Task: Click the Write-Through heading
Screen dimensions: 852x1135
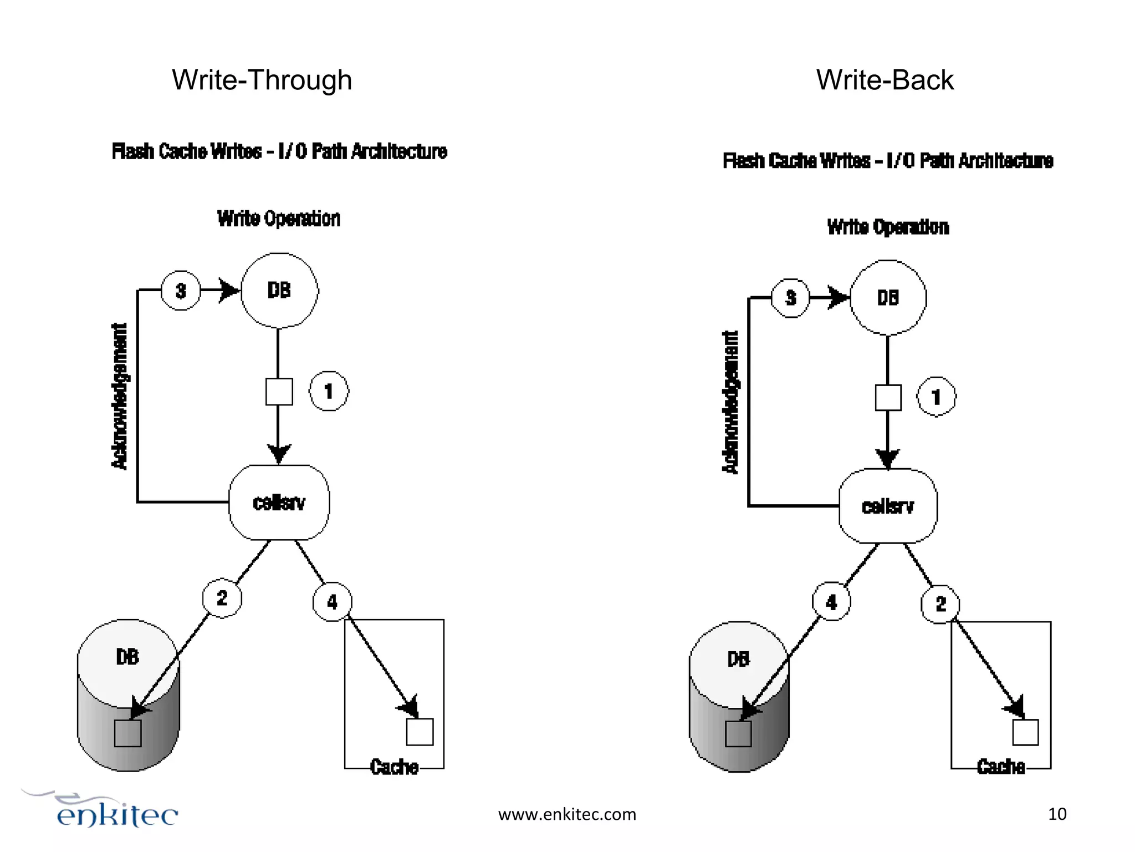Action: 262,80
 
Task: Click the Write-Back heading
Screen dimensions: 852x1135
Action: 885,80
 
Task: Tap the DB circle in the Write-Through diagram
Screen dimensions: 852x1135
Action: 279,290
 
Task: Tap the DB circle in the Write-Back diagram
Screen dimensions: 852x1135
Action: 888,298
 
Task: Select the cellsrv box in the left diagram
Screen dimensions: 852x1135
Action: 279,503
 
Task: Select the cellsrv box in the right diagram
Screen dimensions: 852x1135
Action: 888,506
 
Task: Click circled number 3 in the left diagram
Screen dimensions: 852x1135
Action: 181,290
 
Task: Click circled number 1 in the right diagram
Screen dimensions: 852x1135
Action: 937,397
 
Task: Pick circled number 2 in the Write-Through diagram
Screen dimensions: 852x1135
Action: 222,598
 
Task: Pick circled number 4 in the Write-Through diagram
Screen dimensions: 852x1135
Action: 332,602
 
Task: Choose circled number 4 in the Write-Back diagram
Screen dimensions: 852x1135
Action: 831,602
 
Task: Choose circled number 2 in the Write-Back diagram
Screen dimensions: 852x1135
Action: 940,604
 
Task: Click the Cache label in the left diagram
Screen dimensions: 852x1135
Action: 394,767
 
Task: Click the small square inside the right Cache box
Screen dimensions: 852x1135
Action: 1025,732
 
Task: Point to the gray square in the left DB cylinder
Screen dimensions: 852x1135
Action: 127,733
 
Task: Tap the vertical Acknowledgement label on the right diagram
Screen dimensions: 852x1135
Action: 731,402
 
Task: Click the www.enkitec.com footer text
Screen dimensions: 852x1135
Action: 567,814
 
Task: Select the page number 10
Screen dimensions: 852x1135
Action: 1057,814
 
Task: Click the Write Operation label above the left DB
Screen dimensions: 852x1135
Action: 278,219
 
